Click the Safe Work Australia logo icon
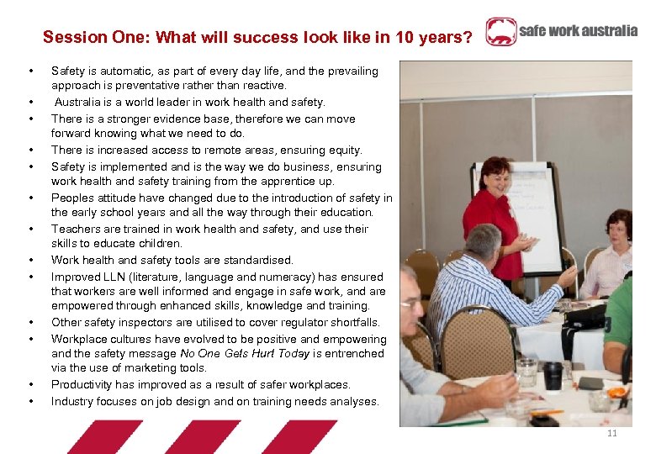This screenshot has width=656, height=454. pos(501,32)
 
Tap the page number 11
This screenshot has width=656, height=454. pos(611,433)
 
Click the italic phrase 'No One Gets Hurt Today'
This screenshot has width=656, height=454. pos(245,353)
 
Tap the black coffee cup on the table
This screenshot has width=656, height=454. pos(553,375)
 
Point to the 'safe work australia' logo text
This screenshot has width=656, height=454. pos(578,31)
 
